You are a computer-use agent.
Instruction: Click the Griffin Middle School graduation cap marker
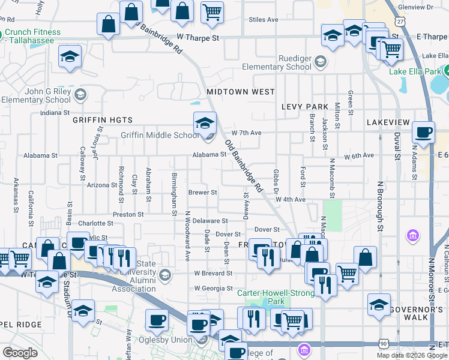point(205,124)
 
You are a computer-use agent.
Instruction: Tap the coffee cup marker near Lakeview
point(423,133)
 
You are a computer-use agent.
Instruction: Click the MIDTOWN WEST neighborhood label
point(240,92)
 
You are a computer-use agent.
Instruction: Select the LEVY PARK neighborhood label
point(305,107)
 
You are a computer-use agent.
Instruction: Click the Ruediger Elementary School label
point(277,63)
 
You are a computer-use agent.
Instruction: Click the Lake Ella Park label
point(414,72)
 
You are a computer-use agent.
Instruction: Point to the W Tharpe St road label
point(194,37)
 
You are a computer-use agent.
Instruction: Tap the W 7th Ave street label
point(247,132)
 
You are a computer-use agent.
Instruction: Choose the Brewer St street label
point(202,193)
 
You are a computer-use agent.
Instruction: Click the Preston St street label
point(128,214)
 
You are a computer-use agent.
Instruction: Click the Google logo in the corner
point(20,353)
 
